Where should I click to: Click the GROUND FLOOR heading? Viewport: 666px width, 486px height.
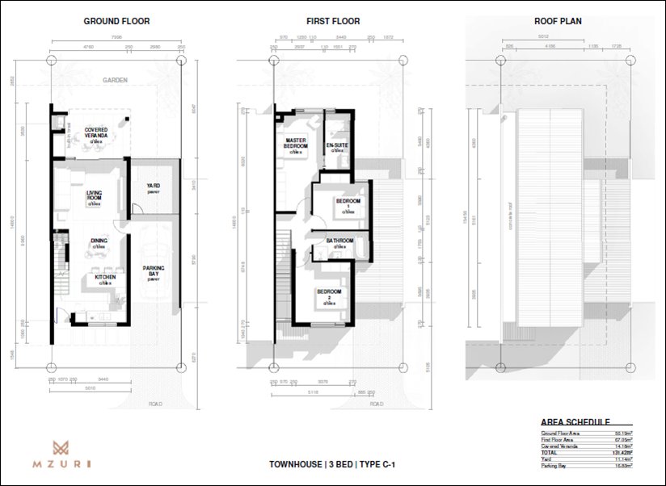pos(116,21)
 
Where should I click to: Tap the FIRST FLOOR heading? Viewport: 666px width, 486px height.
pos(333,21)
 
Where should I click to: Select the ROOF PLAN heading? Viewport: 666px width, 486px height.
pos(558,21)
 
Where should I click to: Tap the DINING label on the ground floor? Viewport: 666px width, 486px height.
pos(99,241)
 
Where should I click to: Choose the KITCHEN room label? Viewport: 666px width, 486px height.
pos(105,277)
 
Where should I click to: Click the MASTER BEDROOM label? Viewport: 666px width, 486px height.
pos(297,144)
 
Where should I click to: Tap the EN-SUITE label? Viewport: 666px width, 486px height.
pos(336,147)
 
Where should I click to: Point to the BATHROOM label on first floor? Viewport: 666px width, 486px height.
pos(339,241)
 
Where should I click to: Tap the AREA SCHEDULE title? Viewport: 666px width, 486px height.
pos(575,421)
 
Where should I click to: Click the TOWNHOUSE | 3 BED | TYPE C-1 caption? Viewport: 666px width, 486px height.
pos(332,465)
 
